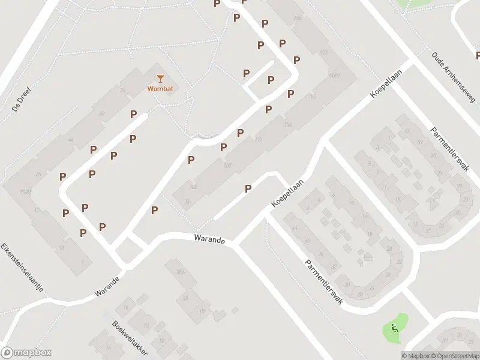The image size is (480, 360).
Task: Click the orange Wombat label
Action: (160, 89)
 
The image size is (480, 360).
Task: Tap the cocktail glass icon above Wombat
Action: (160, 78)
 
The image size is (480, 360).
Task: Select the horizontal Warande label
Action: (209, 239)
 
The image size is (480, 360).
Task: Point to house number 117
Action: (259, 140)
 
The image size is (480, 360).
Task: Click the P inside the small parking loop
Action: (271, 80)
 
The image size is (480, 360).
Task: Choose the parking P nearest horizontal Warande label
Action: (155, 210)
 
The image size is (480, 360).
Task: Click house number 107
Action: (227, 166)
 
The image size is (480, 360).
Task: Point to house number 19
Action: (62, 246)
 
